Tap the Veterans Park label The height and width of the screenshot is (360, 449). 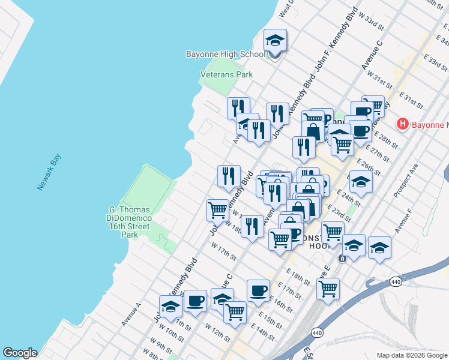point(226,74)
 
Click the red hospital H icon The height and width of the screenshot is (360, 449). point(402,124)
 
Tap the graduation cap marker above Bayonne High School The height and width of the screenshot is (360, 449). point(276,41)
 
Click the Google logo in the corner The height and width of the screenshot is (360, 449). point(19,353)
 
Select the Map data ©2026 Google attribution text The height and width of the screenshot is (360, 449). point(411,355)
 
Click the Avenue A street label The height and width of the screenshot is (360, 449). point(131,314)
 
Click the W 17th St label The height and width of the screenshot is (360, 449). point(223,250)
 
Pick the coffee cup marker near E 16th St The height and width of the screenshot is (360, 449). point(258,291)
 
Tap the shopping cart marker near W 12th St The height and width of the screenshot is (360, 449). point(235,312)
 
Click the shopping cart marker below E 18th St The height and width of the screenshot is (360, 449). point(328,289)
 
